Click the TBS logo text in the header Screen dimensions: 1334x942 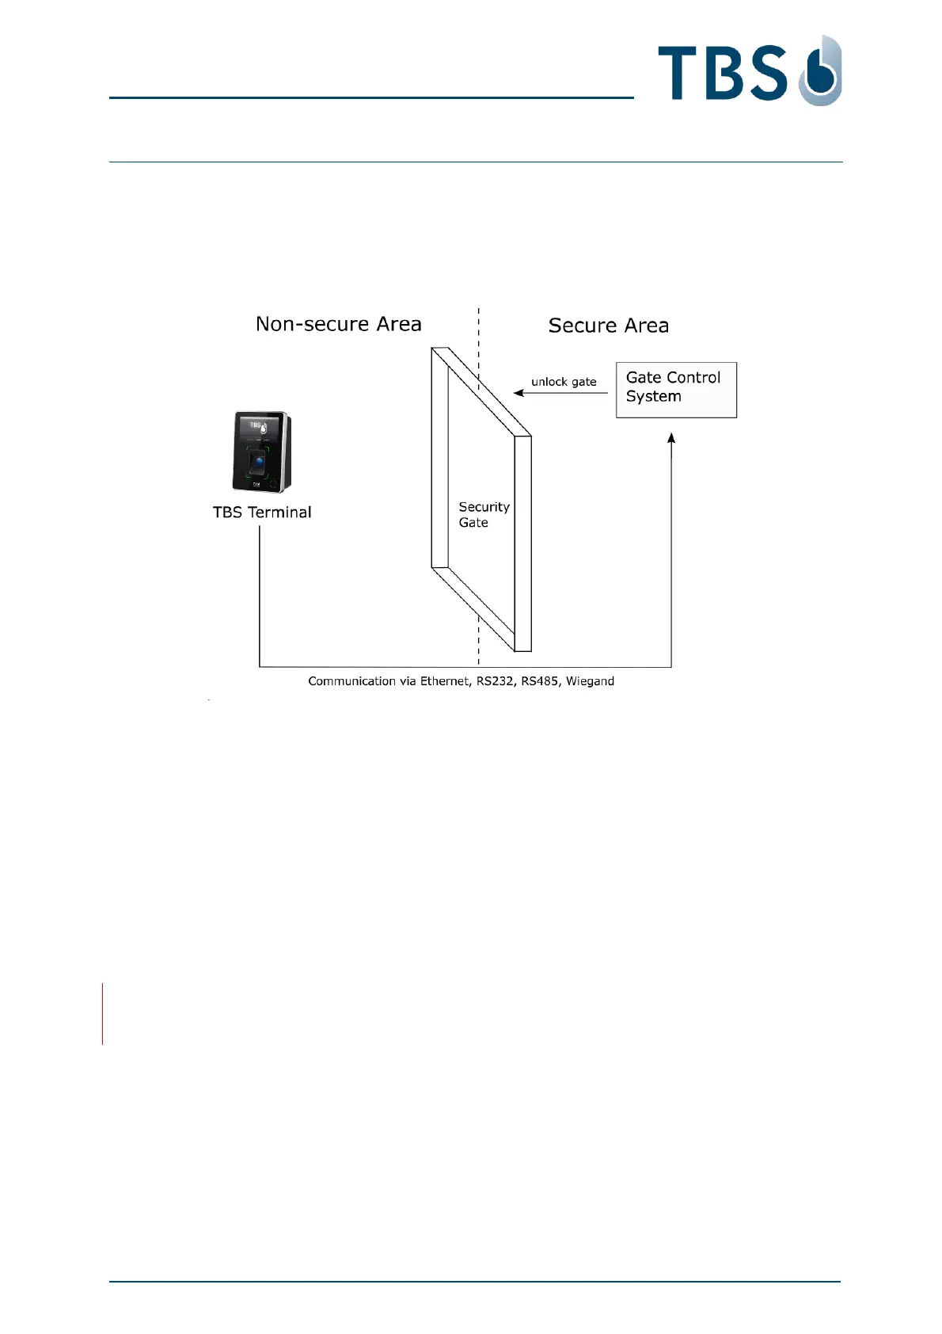point(722,73)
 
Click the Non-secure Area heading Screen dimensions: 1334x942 point(338,324)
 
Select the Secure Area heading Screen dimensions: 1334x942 point(608,326)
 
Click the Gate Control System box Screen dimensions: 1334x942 point(676,390)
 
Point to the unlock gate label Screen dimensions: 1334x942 point(564,382)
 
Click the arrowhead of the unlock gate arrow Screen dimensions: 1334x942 point(518,393)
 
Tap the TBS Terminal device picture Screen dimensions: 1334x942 point(261,452)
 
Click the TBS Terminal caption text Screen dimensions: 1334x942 point(262,513)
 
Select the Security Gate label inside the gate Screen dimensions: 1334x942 point(483,515)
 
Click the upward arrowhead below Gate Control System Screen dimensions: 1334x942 point(671,438)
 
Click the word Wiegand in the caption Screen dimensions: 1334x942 point(590,681)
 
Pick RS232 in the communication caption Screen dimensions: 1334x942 point(495,681)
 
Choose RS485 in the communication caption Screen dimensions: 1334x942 point(539,681)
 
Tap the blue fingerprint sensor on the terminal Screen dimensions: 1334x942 point(258,460)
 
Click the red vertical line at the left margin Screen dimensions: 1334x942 point(102,1014)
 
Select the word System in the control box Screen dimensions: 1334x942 point(653,397)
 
